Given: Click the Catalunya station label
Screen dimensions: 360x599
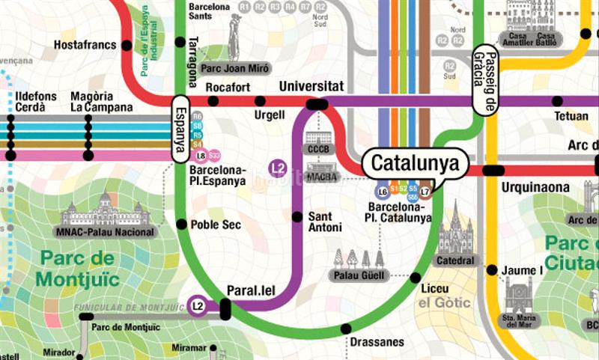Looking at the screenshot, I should coord(415,162).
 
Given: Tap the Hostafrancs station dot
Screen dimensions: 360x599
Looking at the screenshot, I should coord(127,46).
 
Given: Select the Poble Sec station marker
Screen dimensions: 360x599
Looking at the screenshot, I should coord(181,224).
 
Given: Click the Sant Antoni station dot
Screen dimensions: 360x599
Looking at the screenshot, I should coord(297,217).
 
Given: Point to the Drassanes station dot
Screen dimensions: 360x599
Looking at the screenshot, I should coord(345,328).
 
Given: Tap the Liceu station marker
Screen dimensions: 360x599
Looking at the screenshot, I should coord(416,278).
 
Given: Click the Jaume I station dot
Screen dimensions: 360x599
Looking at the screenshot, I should coord(491,269).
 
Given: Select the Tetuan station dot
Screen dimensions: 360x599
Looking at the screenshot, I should coord(557,101).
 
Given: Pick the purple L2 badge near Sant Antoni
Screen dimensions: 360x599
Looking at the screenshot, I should coord(278,168).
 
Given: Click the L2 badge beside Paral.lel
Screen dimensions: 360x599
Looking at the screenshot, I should coord(198,305).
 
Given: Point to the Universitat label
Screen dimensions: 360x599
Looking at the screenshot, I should coord(311,87).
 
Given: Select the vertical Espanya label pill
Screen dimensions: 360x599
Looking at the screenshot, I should coord(180,129).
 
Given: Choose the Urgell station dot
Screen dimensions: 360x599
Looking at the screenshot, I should coord(260,101).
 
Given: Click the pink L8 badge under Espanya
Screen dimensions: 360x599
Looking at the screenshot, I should coord(200,156).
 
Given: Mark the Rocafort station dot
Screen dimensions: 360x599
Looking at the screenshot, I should coord(213,101).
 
